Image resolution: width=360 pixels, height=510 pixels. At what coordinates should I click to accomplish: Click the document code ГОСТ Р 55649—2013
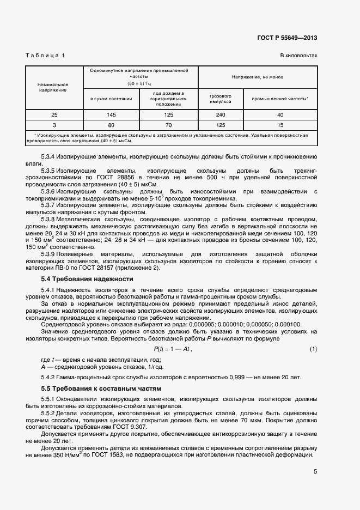[x=287, y=38]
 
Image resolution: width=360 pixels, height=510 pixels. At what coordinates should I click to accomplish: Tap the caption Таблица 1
[x=45, y=56]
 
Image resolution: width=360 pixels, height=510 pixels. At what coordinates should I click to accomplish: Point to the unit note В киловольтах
[x=298, y=56]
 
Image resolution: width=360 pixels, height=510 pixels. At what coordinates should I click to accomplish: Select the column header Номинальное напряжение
[x=52, y=87]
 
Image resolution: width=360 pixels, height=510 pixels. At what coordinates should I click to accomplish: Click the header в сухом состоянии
[x=111, y=99]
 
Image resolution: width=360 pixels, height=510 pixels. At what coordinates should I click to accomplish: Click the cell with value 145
[x=111, y=114]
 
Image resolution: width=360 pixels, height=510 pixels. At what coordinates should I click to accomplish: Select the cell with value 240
[x=221, y=114]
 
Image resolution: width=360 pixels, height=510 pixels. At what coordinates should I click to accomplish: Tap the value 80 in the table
[x=111, y=125]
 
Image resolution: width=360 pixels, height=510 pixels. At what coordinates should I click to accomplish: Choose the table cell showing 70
[x=168, y=125]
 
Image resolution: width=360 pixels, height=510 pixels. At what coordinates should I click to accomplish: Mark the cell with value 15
[x=280, y=125]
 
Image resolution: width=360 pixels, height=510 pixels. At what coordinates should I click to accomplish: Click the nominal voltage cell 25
[x=54, y=114]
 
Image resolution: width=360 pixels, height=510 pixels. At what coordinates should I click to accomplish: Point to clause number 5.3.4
[x=50, y=156]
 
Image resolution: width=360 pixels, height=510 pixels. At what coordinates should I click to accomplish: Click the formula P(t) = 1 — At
[x=173, y=349]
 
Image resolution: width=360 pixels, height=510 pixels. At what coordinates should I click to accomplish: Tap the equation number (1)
[x=313, y=349]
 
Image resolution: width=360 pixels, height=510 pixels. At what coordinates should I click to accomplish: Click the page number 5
[x=315, y=472]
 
